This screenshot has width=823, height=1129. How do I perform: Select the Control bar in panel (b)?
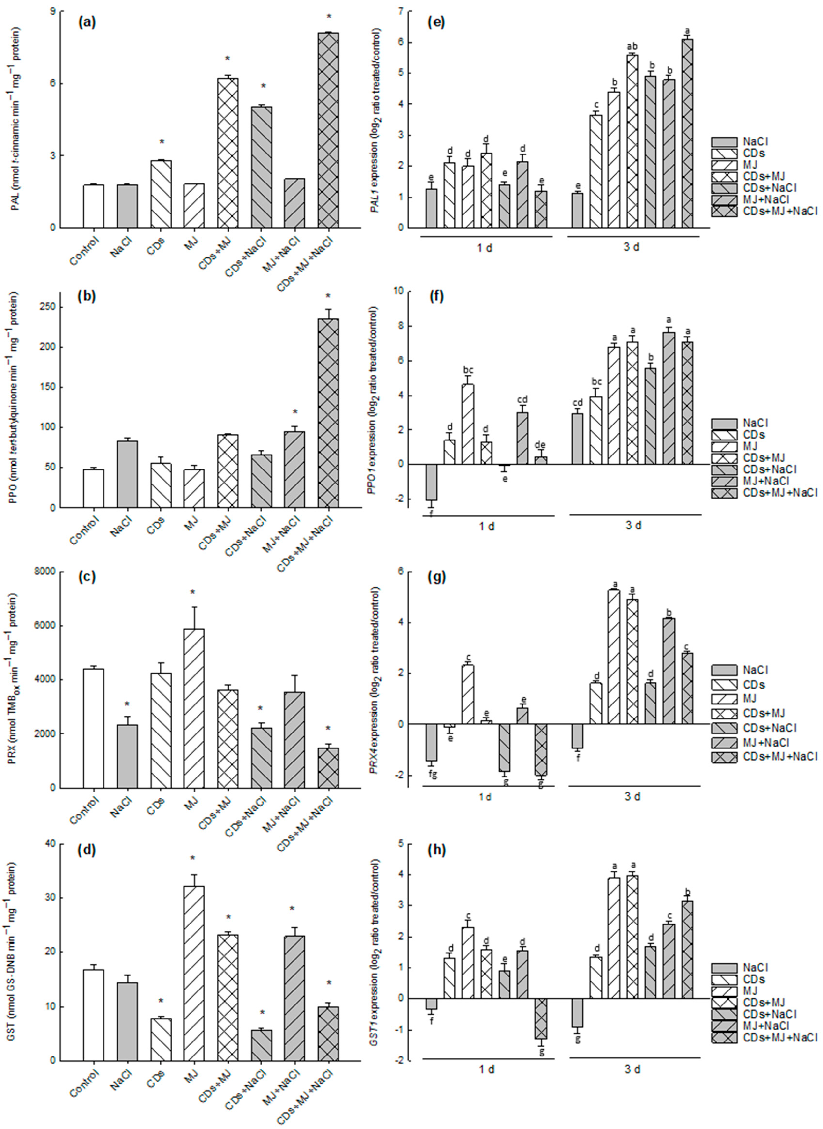coord(94,488)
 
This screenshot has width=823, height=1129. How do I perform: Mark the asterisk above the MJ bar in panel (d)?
coord(192,858)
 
